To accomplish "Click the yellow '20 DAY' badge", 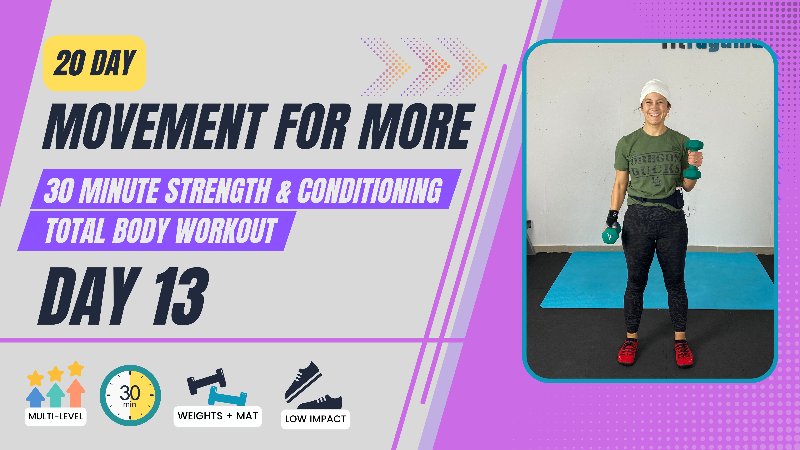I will (94, 63).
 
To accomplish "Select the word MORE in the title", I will (416, 126).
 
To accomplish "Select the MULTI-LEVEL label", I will (56, 416).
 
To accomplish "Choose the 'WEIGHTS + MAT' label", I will (218, 416).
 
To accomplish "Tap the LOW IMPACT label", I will (316, 419).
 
